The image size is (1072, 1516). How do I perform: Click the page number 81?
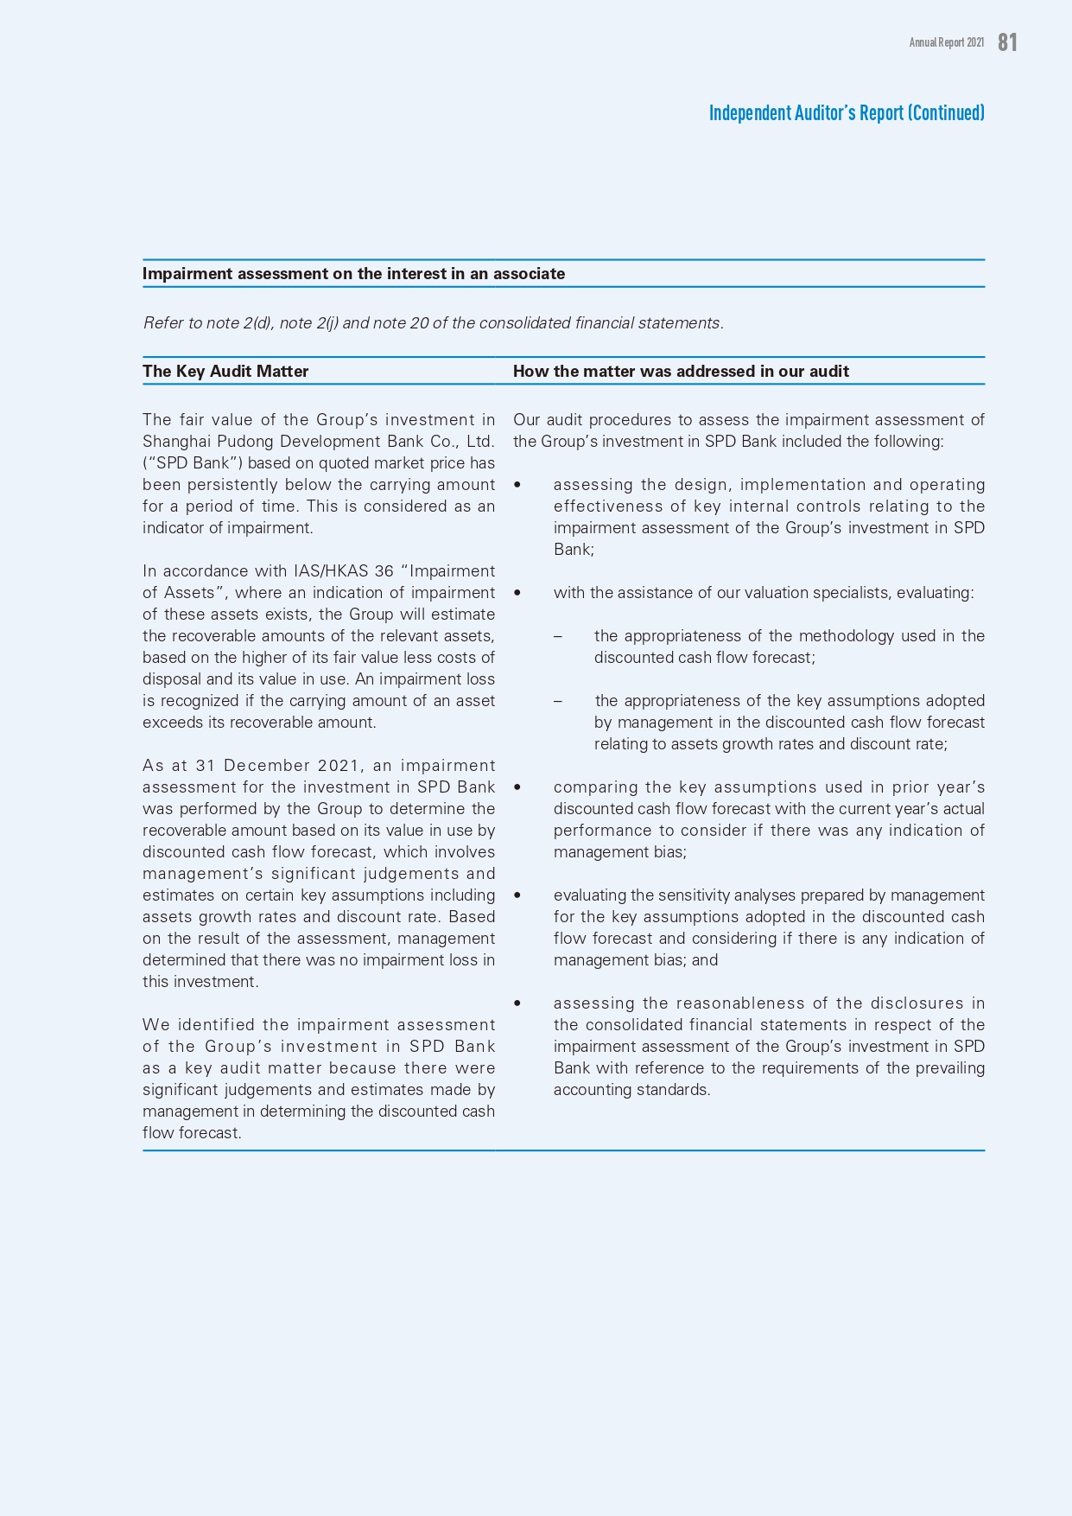(x=1007, y=42)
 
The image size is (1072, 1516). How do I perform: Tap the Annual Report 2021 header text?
(x=946, y=42)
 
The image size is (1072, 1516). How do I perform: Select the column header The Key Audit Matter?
(x=225, y=372)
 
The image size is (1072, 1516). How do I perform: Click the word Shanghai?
(x=170, y=442)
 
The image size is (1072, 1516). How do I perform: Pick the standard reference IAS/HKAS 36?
(x=344, y=571)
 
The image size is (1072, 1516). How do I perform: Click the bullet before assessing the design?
(x=517, y=485)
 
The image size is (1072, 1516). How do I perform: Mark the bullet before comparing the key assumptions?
(x=517, y=787)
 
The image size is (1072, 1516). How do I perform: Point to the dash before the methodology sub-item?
(x=558, y=636)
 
